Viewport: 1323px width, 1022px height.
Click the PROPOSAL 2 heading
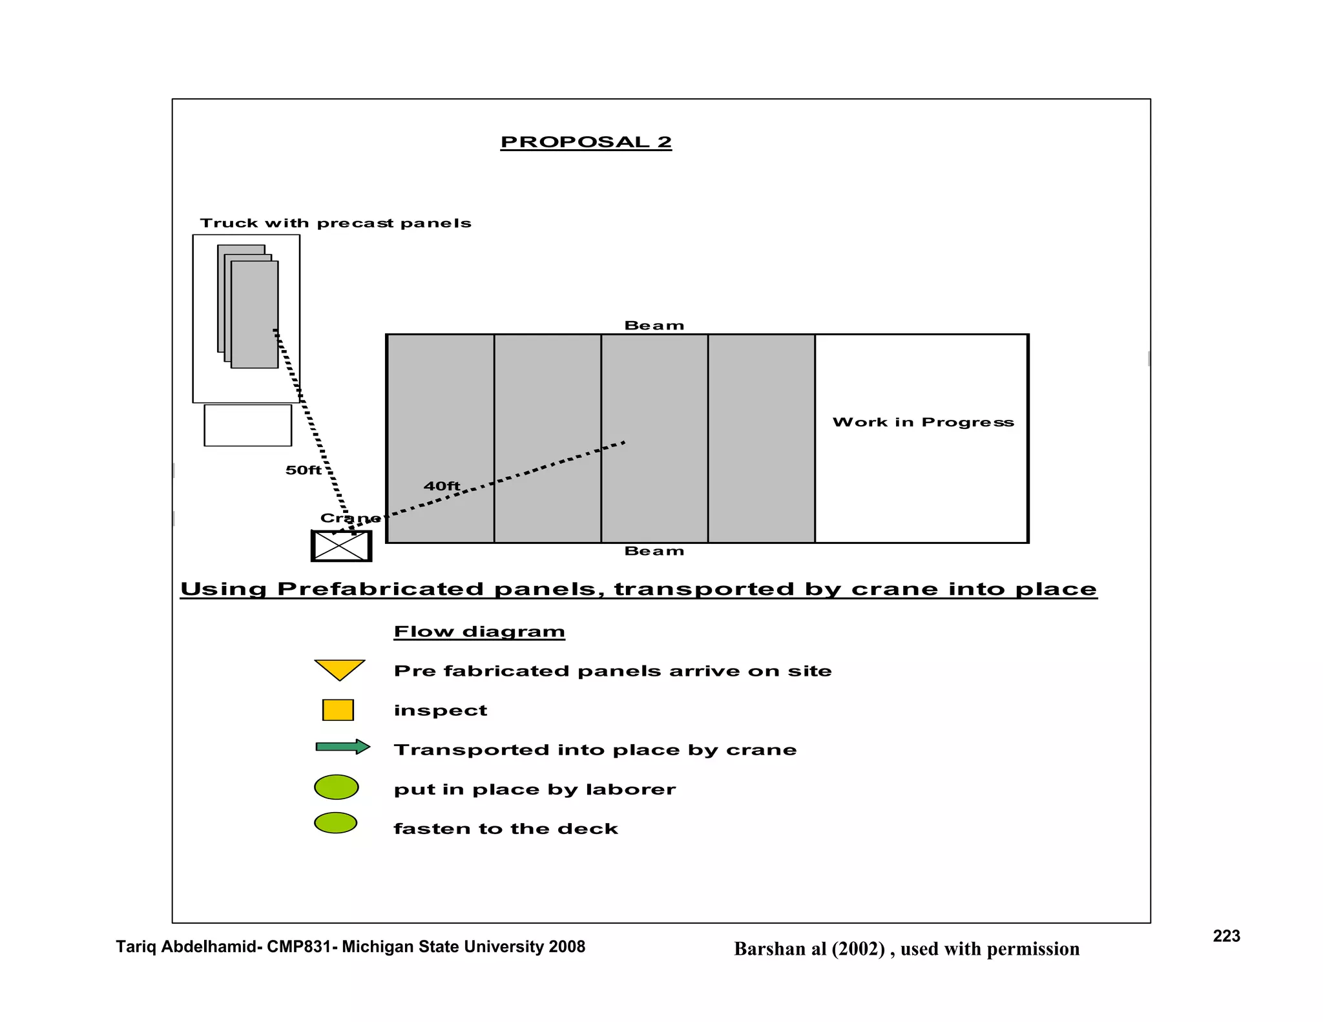586,142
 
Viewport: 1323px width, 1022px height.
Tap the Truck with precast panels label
335,224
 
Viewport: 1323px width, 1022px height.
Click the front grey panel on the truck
255,315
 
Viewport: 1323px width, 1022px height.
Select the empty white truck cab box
247,425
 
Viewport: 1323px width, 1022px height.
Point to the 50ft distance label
303,470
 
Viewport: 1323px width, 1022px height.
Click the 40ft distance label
442,486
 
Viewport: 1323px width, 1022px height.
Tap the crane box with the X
342,546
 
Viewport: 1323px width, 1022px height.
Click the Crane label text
349,518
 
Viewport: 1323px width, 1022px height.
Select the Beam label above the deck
654,326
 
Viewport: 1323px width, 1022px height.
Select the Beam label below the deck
654,551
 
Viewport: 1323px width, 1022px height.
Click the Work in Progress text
922,422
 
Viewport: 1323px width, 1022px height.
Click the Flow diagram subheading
479,632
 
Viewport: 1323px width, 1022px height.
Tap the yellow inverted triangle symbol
340,668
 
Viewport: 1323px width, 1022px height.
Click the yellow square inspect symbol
338,710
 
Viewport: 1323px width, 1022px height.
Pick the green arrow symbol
342,747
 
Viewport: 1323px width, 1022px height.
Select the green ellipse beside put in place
336,787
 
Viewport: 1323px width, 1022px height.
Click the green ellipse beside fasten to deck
335,823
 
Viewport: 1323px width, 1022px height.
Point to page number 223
1226,936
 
